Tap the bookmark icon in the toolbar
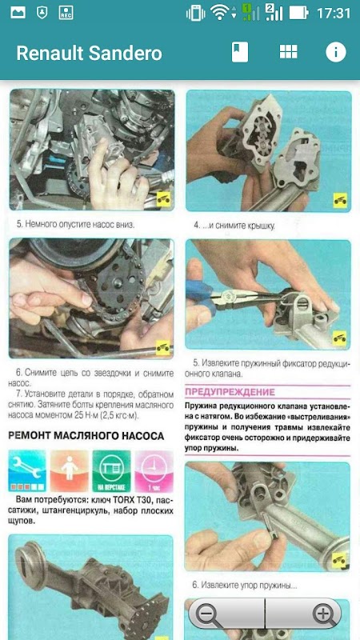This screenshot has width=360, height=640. click(x=239, y=52)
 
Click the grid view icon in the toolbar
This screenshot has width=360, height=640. click(x=288, y=52)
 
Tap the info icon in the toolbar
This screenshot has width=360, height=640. click(x=335, y=52)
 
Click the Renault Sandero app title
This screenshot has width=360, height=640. click(x=89, y=53)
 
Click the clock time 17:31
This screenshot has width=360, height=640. click(x=334, y=13)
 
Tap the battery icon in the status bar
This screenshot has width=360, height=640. click(x=298, y=13)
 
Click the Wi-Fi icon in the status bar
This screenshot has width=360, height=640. click(x=222, y=13)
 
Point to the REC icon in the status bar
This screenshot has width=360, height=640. click(x=66, y=13)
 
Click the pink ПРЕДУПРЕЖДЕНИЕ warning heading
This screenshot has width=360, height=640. click(x=230, y=392)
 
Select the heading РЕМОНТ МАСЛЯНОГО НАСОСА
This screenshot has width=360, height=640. click(x=86, y=436)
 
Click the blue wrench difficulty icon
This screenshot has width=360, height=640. click(x=27, y=470)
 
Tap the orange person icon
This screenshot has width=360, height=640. click(x=70, y=470)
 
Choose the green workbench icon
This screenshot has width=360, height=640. click(x=111, y=470)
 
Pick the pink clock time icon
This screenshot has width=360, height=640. click(x=154, y=470)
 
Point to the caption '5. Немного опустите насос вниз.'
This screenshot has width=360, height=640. click(x=75, y=224)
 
